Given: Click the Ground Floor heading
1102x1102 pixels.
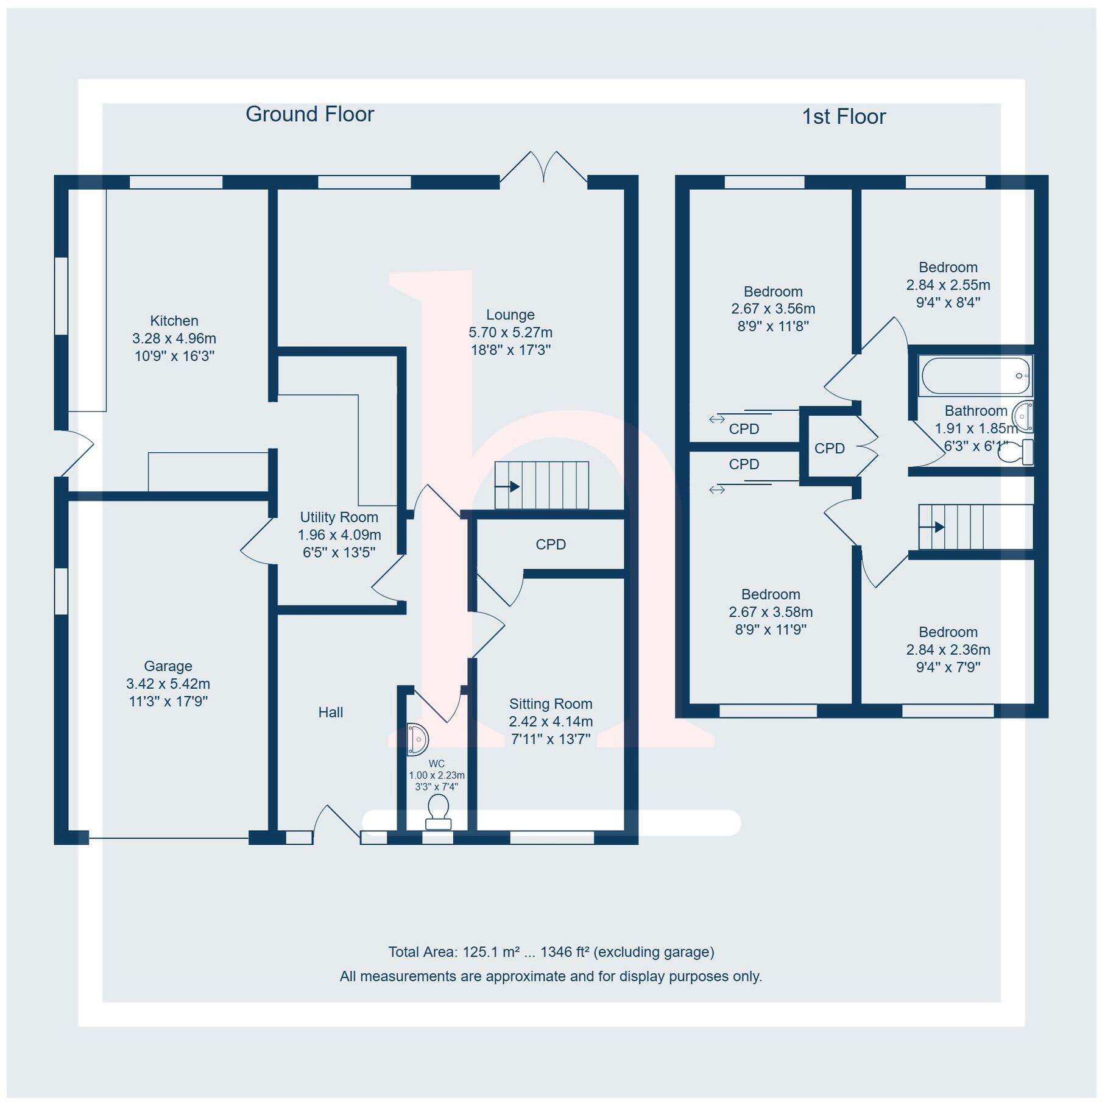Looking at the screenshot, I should pyautogui.click(x=309, y=114).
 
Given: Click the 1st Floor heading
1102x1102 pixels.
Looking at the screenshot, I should pyautogui.click(x=843, y=116).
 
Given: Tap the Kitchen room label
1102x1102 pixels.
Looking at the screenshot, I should pyautogui.click(x=174, y=321).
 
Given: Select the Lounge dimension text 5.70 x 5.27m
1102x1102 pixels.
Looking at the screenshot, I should pyautogui.click(x=510, y=332).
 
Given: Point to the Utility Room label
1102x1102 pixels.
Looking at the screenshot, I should pyautogui.click(x=339, y=517).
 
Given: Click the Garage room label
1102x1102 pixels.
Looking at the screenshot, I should pyautogui.click(x=168, y=666).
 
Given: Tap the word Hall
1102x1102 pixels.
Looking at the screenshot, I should pyautogui.click(x=331, y=712).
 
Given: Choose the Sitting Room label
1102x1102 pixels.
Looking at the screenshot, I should pyautogui.click(x=551, y=703).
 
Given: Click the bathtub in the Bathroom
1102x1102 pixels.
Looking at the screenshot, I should pyautogui.click(x=975, y=375).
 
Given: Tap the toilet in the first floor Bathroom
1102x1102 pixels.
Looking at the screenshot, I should pyautogui.click(x=1015, y=452).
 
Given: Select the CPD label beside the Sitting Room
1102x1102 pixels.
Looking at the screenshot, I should pyautogui.click(x=551, y=544).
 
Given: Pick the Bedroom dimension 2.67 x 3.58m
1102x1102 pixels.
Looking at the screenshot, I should pyautogui.click(x=771, y=611).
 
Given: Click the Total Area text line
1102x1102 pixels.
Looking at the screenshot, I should pyautogui.click(x=551, y=951).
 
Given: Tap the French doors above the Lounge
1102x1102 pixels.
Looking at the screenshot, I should pyautogui.click(x=543, y=168).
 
